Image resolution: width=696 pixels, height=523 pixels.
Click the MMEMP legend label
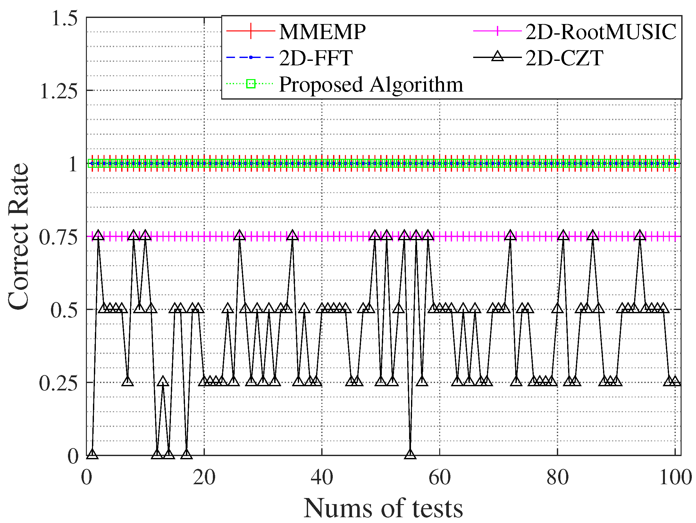(322, 32)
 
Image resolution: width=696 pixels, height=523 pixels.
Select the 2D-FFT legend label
(316, 58)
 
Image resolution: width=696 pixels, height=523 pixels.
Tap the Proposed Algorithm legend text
(371, 85)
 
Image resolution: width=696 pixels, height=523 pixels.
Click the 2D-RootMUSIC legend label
(601, 32)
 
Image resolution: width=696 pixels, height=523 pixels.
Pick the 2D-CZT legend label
(564, 58)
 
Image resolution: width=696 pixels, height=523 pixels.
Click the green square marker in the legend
(251, 84)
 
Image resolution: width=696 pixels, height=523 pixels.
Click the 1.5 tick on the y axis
(64, 18)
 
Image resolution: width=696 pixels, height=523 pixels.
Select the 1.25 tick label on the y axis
(59, 91)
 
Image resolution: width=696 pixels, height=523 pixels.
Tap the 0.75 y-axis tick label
(59, 237)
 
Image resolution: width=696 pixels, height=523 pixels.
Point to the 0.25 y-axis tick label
(59, 383)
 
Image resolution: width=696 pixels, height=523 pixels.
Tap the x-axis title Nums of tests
(383, 508)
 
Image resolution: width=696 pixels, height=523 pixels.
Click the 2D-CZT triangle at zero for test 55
(410, 454)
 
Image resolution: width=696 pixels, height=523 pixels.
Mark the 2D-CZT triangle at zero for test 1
(92, 454)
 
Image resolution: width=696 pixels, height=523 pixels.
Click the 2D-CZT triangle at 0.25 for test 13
(163, 381)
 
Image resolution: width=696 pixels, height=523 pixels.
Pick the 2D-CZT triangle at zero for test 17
(187, 454)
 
